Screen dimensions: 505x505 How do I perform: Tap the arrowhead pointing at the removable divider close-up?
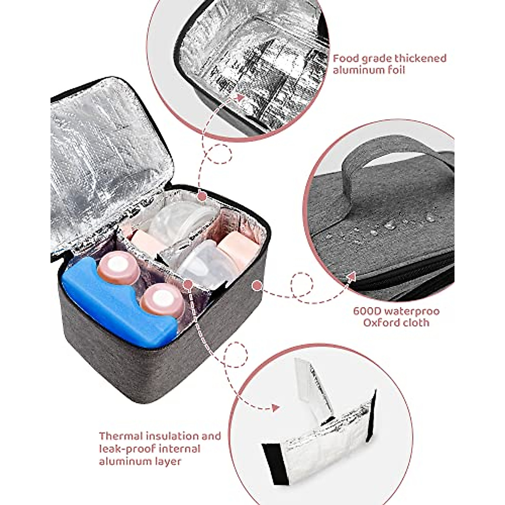tap(276, 408)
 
